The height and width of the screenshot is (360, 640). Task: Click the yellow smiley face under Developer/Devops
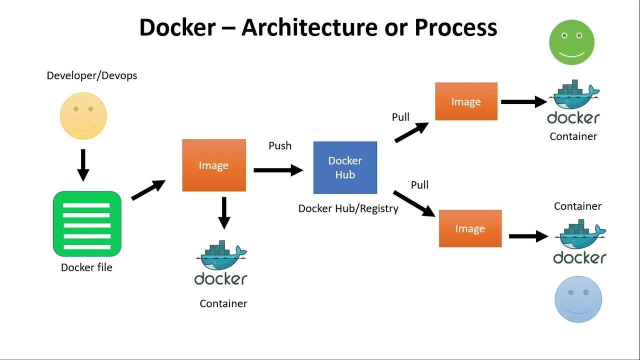[83, 116]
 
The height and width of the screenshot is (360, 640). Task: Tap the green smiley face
[571, 42]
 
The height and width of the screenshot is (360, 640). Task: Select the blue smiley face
[578, 299]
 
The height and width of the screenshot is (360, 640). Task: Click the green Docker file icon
[87, 224]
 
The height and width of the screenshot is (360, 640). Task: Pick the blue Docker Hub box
[345, 167]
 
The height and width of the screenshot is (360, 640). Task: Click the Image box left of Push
[213, 165]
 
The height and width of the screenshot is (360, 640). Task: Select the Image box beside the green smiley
[466, 101]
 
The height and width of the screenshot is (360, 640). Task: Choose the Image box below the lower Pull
[470, 228]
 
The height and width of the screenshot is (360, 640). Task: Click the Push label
[280, 145]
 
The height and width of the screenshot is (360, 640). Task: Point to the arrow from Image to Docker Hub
[278, 170]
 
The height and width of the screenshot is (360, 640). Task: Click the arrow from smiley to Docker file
[83, 165]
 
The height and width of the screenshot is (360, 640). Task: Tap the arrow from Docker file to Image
[148, 190]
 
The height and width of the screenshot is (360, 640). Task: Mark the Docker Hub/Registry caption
[348, 208]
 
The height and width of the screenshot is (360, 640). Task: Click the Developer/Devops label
[91, 75]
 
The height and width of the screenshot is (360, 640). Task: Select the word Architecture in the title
[309, 27]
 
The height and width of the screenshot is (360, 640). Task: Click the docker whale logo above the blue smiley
[579, 242]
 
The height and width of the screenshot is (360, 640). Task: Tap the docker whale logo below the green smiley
[573, 102]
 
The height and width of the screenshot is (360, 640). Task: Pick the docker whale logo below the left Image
[220, 263]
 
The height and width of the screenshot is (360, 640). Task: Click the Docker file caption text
[86, 267]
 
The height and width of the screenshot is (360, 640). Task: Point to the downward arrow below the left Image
[224, 212]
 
